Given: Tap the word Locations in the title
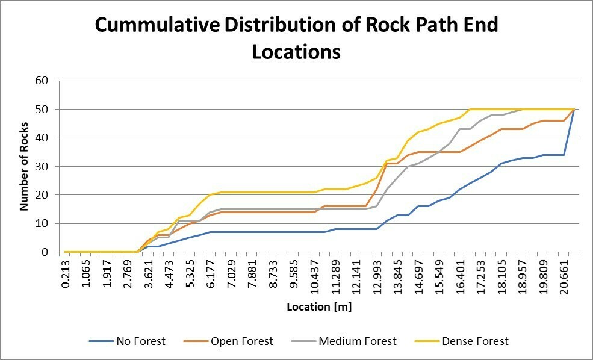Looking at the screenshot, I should point(296,52).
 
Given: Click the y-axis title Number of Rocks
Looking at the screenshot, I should point(25,166).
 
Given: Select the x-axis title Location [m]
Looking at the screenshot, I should point(319,306).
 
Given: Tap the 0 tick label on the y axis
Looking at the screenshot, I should point(45,252).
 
